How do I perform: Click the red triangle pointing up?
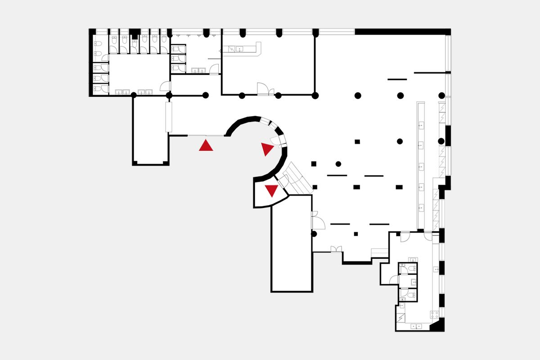click(x=206, y=145)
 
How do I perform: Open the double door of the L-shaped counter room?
click(x=265, y=89)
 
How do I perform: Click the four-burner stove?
click(x=435, y=315)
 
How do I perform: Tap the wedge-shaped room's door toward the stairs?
click(x=283, y=182)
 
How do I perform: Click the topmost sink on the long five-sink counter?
click(x=421, y=126)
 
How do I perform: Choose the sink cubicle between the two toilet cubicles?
click(x=408, y=281)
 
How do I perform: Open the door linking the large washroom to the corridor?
click(x=165, y=86)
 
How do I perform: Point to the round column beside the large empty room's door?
click(x=314, y=234)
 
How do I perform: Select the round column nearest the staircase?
click(x=338, y=164)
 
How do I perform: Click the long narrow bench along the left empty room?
click(x=169, y=117)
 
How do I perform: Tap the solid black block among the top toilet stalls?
click(x=134, y=32)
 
